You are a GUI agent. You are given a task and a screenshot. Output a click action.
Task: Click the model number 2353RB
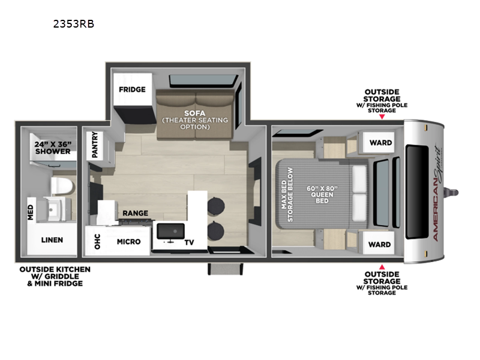coord(74,24)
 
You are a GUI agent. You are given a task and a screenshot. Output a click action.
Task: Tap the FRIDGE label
coord(132,89)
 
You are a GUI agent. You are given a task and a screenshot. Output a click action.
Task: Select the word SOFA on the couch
coord(194,113)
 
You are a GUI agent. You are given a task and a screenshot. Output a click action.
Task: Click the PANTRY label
coord(95,145)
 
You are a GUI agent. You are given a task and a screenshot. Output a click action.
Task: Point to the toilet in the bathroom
coord(62,186)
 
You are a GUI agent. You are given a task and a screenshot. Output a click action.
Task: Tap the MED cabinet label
coord(31,212)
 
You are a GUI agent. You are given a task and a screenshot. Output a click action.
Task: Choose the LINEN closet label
coord(52,240)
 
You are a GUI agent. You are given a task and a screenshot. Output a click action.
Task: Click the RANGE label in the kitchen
coord(136,213)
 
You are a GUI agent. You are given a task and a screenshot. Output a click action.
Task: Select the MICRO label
coord(128,242)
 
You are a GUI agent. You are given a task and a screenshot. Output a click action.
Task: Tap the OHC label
coord(97,242)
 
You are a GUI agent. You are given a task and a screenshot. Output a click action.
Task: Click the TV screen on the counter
coord(170,232)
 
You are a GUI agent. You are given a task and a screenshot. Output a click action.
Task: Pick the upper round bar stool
coord(216,206)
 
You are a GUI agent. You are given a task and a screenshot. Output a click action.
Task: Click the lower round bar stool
coord(216,230)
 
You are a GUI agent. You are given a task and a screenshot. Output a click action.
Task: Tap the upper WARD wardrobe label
coord(380,143)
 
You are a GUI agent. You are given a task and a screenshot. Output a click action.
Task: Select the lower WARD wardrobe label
coord(379,245)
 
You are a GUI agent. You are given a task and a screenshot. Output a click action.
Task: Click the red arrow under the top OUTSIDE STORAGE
coord(382,116)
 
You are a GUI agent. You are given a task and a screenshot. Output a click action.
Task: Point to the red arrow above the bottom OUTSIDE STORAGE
coord(382,267)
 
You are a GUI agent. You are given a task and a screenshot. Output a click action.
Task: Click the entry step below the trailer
coord(225,269)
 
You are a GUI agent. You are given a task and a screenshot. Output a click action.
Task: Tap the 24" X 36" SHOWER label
coord(53,148)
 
